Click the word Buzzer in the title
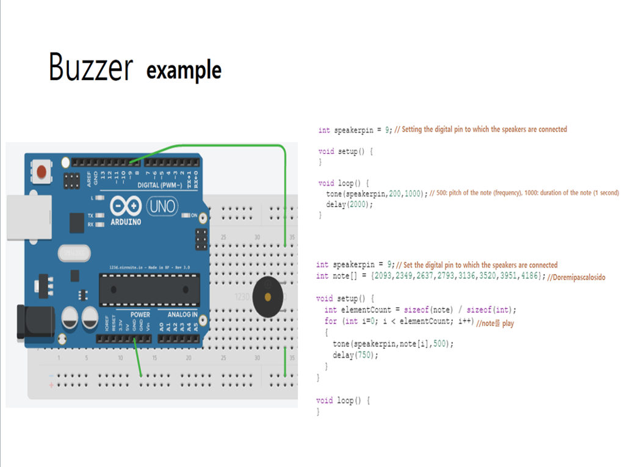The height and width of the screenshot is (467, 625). pos(90,67)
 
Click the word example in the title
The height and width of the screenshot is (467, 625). pos(184,70)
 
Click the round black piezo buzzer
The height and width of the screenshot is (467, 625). pos(267,297)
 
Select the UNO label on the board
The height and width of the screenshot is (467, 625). pos(163,206)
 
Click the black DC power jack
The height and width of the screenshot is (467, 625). pos(31,321)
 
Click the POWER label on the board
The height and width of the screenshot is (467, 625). pos(140,314)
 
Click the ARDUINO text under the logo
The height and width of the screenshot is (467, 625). pos(126,222)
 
